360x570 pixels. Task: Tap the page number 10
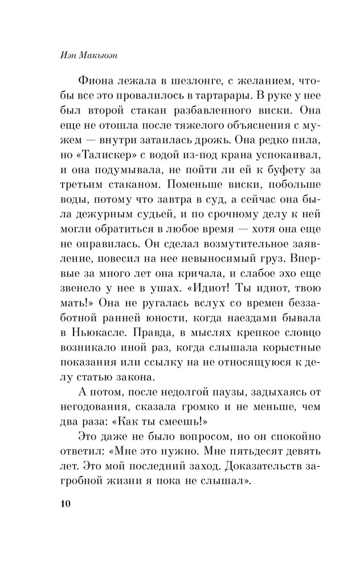click(63, 504)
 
